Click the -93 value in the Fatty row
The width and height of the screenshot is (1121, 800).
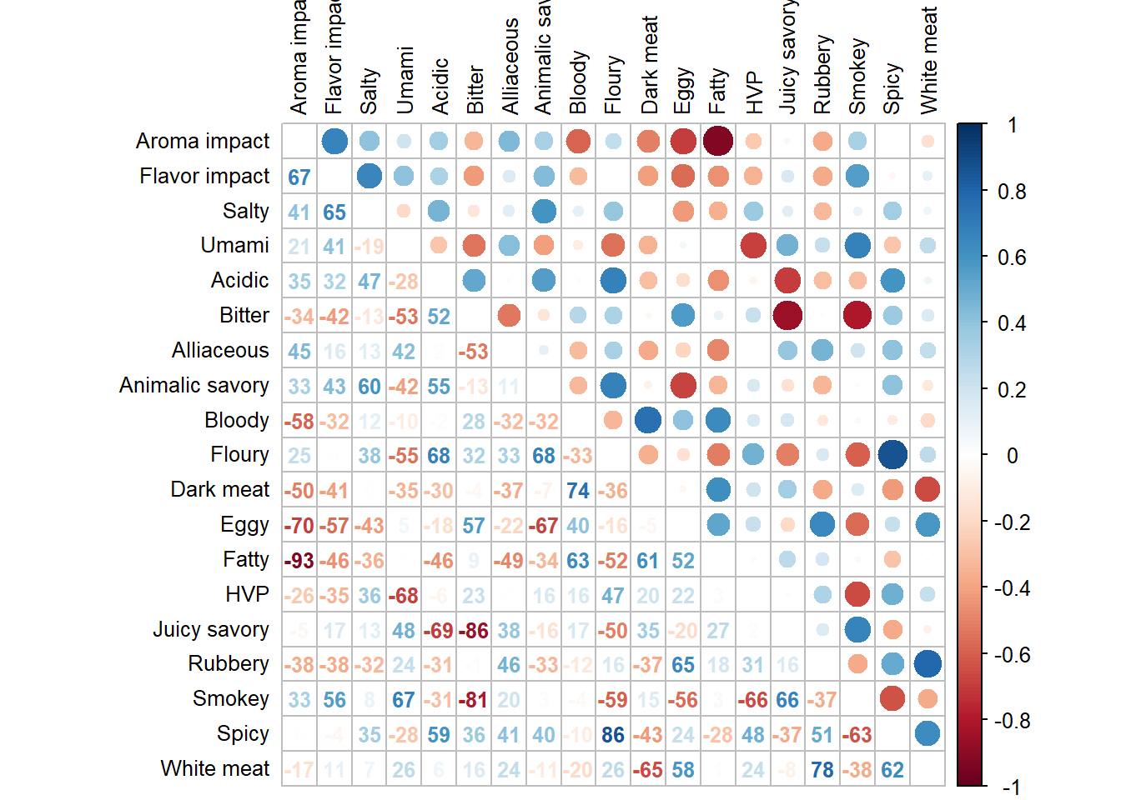[299, 561]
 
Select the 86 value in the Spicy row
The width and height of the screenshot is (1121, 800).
[613, 735]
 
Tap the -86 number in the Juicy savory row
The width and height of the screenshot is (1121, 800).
[474, 631]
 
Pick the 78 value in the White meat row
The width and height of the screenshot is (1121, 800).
[822, 770]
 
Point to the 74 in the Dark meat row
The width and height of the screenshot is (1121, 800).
[578, 491]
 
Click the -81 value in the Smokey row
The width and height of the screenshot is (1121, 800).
[474, 700]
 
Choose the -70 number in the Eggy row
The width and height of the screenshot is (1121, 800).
[299, 526]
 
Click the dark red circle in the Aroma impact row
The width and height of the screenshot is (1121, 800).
[718, 141]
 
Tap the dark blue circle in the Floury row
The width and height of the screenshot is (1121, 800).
[892, 454]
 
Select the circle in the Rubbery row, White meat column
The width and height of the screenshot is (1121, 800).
[927, 663]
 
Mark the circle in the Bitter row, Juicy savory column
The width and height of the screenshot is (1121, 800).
[787, 315]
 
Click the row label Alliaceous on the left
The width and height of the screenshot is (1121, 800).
[220, 350]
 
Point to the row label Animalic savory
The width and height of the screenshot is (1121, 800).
[194, 385]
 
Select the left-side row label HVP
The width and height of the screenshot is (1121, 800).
[247, 594]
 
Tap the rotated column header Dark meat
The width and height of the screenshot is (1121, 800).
[650, 65]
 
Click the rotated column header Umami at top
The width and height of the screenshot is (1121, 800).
[405, 80]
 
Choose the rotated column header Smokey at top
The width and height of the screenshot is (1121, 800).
[857, 76]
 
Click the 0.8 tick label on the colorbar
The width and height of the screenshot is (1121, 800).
[1012, 192]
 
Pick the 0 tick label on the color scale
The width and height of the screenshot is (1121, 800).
[1012, 456]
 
